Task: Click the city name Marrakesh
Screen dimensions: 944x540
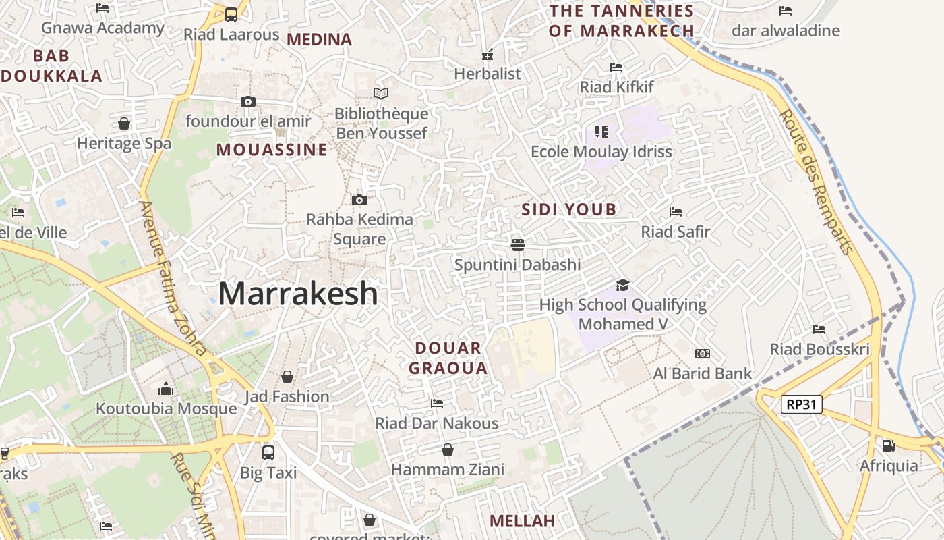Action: [x=298, y=294]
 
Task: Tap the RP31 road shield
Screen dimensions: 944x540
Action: [x=802, y=404]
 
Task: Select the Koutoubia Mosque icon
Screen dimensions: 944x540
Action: [x=166, y=389]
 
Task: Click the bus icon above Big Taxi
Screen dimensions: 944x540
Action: [x=268, y=452]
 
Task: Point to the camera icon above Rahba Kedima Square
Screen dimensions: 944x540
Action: [x=359, y=200]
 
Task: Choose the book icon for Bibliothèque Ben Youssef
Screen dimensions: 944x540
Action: [x=381, y=94]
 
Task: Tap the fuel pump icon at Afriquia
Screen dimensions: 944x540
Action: [x=888, y=446]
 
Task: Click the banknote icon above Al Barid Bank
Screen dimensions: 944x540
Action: [x=702, y=354]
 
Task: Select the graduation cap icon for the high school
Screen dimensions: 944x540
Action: [x=622, y=286]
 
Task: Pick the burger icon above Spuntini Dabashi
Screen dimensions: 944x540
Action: [x=518, y=244]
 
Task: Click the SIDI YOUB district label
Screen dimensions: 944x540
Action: [x=569, y=209]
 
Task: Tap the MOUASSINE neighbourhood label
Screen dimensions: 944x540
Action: [x=272, y=150]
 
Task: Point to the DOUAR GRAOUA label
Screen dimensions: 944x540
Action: [x=448, y=358]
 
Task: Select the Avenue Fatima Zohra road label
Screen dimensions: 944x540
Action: [x=173, y=278]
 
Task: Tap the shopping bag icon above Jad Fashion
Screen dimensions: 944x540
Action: [x=287, y=376]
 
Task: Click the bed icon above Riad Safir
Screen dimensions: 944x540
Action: [x=676, y=212]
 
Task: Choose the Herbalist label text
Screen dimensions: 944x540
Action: [x=488, y=74]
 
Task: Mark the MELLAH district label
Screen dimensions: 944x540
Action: [x=522, y=521]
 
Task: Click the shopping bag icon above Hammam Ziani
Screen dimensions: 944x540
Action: [x=448, y=450]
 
